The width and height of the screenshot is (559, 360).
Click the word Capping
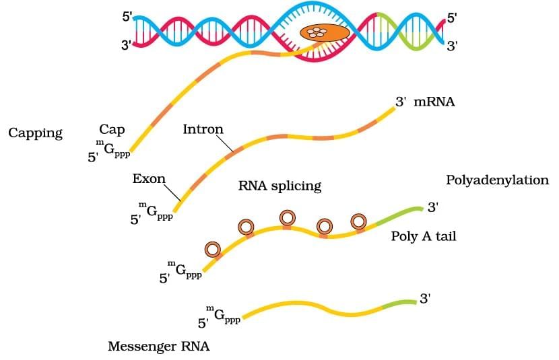(35, 133)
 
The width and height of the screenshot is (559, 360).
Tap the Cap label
(112, 129)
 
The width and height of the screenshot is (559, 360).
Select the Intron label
(203, 129)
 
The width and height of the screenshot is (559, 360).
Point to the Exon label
(149, 180)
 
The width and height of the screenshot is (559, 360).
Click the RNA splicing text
(279, 186)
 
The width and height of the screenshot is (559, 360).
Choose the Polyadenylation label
(498, 180)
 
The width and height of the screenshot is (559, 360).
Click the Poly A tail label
(424, 237)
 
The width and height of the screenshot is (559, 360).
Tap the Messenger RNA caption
(159, 347)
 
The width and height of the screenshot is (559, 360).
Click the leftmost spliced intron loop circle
(213, 250)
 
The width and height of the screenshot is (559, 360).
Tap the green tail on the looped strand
(397, 215)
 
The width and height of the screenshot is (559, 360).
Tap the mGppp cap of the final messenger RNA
(222, 315)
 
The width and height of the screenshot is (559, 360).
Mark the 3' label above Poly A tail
(433, 207)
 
